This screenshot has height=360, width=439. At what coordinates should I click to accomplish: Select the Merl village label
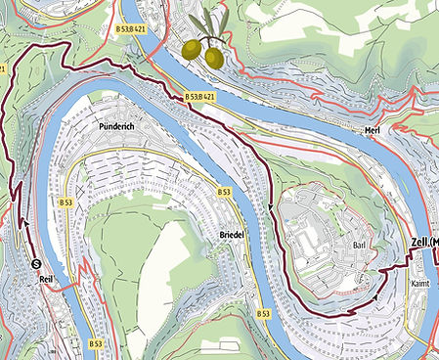pos(370,130)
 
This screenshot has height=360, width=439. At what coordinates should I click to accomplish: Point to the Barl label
pos(358,247)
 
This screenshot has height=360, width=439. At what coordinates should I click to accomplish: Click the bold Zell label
pos(425,243)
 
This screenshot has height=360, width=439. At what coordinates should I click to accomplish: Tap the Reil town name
pos(45,280)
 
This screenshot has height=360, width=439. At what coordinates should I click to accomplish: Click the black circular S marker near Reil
pos(36,262)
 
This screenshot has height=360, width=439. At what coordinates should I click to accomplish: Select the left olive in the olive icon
pos(191,48)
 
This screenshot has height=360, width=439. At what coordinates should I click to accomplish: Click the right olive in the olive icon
pos(213,58)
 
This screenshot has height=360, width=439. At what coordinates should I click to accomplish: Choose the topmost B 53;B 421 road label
pos(131,29)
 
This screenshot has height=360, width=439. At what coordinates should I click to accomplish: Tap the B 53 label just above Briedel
pos(223,190)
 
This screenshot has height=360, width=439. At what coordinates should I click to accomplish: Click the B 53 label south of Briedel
pos(262,313)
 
